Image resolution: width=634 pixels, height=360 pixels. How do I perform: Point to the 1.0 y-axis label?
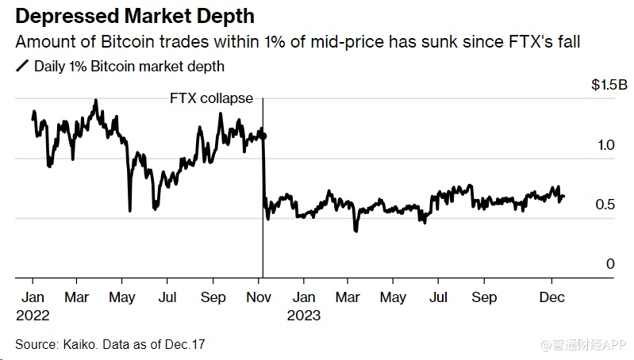pyautogui.click(x=605, y=145)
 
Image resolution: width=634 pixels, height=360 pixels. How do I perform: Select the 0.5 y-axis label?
pyautogui.click(x=605, y=205)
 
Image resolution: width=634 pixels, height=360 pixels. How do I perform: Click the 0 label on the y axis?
pyautogui.click(x=610, y=264)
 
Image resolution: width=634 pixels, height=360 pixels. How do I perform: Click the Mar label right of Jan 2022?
pyautogui.click(x=77, y=297)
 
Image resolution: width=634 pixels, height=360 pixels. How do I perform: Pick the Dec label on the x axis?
pyautogui.click(x=551, y=297)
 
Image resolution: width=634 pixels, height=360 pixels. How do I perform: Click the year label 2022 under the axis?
pyautogui.click(x=33, y=315)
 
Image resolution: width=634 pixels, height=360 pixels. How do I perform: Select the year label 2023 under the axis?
pyautogui.click(x=305, y=315)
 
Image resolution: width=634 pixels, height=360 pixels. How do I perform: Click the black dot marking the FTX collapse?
pyautogui.click(x=263, y=136)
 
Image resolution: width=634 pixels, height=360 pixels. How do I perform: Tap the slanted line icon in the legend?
pyautogui.click(x=21, y=67)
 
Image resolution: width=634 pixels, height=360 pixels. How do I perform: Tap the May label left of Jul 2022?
pyautogui.click(x=121, y=297)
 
